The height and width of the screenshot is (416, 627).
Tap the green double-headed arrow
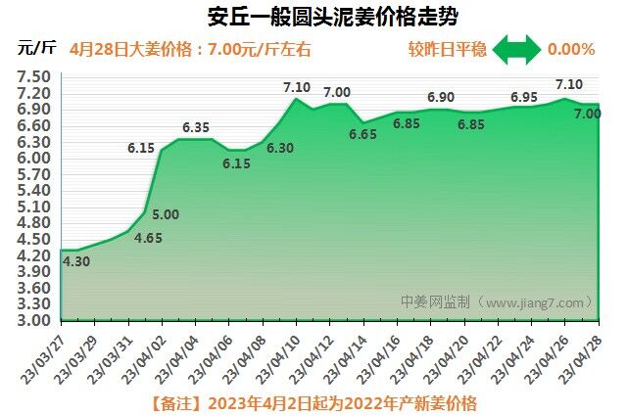(x=515, y=48)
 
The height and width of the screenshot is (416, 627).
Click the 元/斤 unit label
(x=37, y=48)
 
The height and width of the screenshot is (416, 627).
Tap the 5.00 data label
(x=166, y=214)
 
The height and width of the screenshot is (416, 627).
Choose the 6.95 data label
(x=524, y=98)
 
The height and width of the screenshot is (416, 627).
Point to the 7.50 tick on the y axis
(x=34, y=76)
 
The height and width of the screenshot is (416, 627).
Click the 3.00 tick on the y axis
(x=34, y=320)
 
